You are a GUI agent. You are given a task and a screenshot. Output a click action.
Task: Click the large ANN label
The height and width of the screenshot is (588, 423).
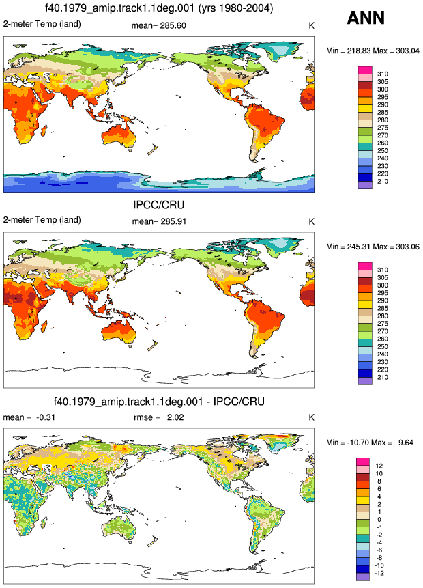point(366,18)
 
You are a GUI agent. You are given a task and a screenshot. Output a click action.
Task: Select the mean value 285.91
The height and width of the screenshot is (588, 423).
point(173,221)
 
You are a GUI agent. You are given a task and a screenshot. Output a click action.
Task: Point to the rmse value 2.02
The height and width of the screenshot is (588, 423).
point(175,417)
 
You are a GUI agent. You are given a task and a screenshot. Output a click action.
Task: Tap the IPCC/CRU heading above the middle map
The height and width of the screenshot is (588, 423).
point(159,205)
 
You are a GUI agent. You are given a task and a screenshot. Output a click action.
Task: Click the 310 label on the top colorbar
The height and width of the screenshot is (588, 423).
point(383,74)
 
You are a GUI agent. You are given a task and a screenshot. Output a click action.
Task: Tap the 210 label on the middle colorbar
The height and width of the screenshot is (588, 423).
point(383,377)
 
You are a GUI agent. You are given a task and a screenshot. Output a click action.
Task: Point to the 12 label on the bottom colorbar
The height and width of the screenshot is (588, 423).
point(379,466)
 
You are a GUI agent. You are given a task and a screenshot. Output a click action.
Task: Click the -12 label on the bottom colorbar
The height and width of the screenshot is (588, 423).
point(379,573)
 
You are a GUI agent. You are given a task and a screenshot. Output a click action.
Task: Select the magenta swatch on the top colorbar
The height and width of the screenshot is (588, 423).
point(365,70)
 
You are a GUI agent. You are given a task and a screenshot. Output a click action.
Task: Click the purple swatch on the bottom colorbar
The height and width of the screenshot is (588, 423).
point(363,577)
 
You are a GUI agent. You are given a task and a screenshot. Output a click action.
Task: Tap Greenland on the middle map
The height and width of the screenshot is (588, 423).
point(284,247)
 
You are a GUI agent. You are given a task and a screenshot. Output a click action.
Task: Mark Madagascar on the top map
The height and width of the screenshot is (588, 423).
point(44,130)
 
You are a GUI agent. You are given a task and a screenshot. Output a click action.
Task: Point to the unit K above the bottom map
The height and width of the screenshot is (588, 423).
point(311,417)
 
